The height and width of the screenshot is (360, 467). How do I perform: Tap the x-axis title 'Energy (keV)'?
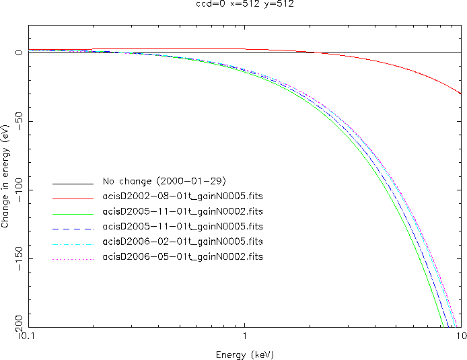coord(245,355)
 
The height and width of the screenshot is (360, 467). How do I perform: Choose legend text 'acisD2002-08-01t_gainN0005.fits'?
coord(182,197)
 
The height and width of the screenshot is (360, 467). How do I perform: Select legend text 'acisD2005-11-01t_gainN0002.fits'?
coord(182,212)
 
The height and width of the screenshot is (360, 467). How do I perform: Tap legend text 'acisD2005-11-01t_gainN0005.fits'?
coord(182,227)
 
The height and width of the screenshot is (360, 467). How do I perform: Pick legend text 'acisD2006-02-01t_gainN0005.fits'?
coord(182,242)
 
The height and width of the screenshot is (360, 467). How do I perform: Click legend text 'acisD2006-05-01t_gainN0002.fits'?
coord(182,257)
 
